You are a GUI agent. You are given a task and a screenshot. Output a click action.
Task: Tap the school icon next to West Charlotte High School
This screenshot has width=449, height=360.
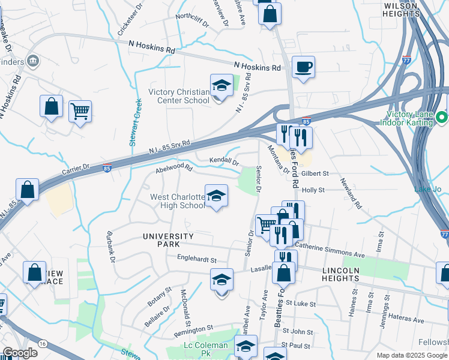click(x=217, y=196)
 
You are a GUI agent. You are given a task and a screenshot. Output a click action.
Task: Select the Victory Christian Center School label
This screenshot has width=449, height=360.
click(x=179, y=96)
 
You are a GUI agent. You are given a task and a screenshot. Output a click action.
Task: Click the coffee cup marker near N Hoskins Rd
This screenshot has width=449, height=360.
click(x=303, y=67)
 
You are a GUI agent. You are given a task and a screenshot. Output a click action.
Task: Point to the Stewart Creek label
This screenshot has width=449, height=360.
click(x=134, y=122)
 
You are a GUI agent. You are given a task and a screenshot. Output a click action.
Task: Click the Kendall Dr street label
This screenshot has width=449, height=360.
click(x=224, y=161)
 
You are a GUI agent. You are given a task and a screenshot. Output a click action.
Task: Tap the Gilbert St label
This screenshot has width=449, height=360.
click(x=315, y=173)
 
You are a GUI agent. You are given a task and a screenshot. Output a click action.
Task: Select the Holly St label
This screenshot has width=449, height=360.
click(x=313, y=190)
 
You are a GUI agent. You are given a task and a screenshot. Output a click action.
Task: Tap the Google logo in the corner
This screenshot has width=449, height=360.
click(x=19, y=353)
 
